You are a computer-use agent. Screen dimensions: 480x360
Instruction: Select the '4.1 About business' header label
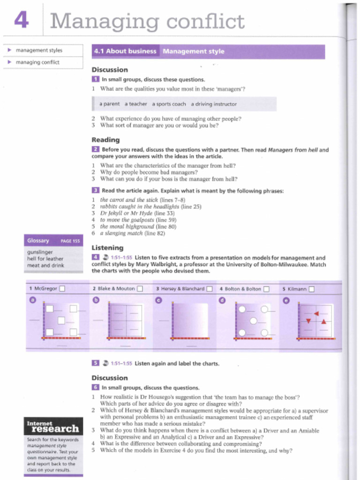[125, 52]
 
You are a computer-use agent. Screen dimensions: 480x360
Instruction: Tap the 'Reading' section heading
[105, 140]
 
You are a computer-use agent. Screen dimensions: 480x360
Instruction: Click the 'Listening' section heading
[107, 247]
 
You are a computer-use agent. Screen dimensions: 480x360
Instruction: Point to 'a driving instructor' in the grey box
[214, 104]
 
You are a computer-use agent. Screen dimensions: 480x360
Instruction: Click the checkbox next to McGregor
[62, 289]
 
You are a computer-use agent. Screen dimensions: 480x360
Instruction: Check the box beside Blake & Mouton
[140, 289]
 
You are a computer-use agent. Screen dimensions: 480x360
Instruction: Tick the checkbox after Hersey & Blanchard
[210, 289]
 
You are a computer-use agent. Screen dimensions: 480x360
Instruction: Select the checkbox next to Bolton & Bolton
[266, 289]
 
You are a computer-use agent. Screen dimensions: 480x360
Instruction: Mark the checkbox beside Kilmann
[311, 289]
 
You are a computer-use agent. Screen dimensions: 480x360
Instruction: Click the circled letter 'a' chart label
[33, 300]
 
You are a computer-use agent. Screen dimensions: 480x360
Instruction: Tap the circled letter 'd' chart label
[222, 300]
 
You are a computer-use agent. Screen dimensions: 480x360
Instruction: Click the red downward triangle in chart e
[308, 321]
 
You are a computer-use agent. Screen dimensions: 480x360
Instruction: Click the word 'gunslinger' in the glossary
[40, 252]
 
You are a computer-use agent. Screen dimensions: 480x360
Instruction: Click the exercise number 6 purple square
[95, 388]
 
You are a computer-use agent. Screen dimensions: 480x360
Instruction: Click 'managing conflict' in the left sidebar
[37, 62]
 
